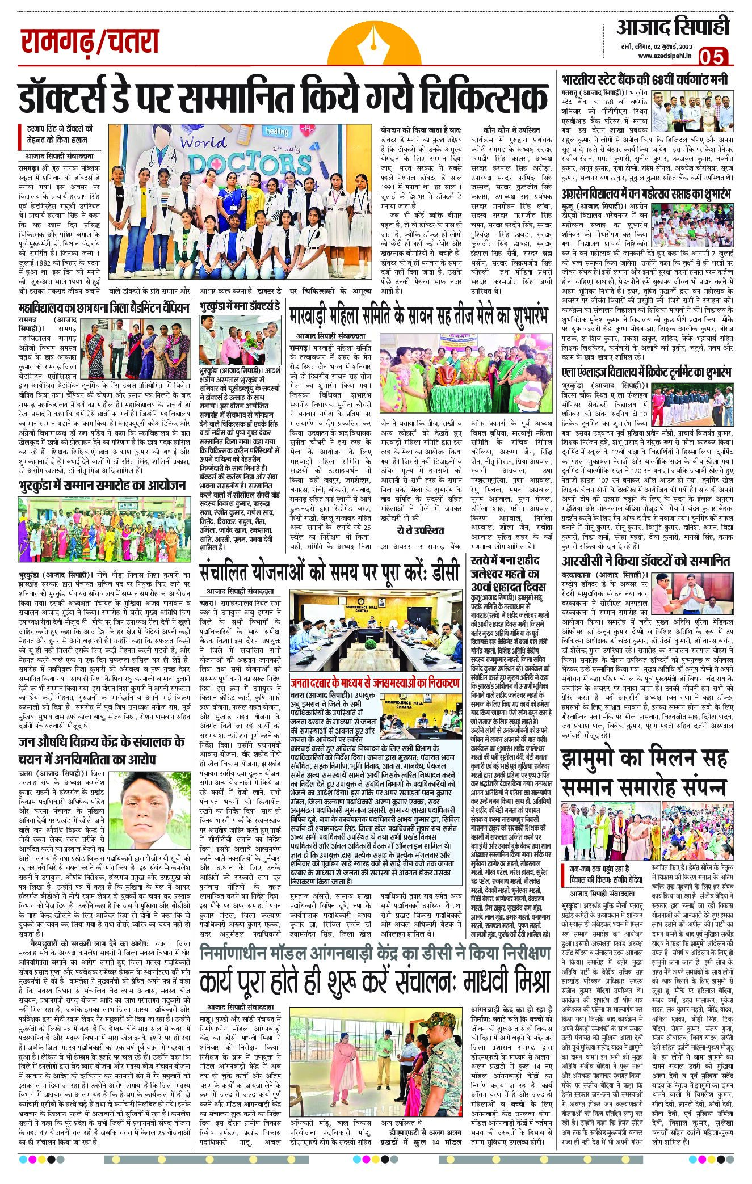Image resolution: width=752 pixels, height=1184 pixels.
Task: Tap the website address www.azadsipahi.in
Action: [x=663, y=56]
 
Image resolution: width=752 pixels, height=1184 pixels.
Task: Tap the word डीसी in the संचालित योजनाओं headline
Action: [x=438, y=573]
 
